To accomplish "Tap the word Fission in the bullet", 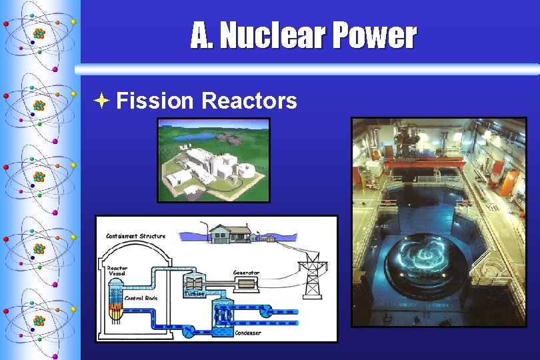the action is (x=155, y=101).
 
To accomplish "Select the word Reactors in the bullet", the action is (x=249, y=101).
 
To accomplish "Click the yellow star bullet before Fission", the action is (x=101, y=101).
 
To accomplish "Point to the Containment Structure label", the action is (x=136, y=236).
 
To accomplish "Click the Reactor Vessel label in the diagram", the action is (x=117, y=271).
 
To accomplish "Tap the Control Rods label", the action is (x=141, y=298).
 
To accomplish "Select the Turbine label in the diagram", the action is (x=194, y=293).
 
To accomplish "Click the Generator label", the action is (x=246, y=272).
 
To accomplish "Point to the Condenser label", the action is (x=248, y=333).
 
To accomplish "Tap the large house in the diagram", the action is (x=229, y=233).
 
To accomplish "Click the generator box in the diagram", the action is (x=246, y=283).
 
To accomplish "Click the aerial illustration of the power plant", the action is (x=213, y=160).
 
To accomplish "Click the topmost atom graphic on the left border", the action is (x=39, y=33).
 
